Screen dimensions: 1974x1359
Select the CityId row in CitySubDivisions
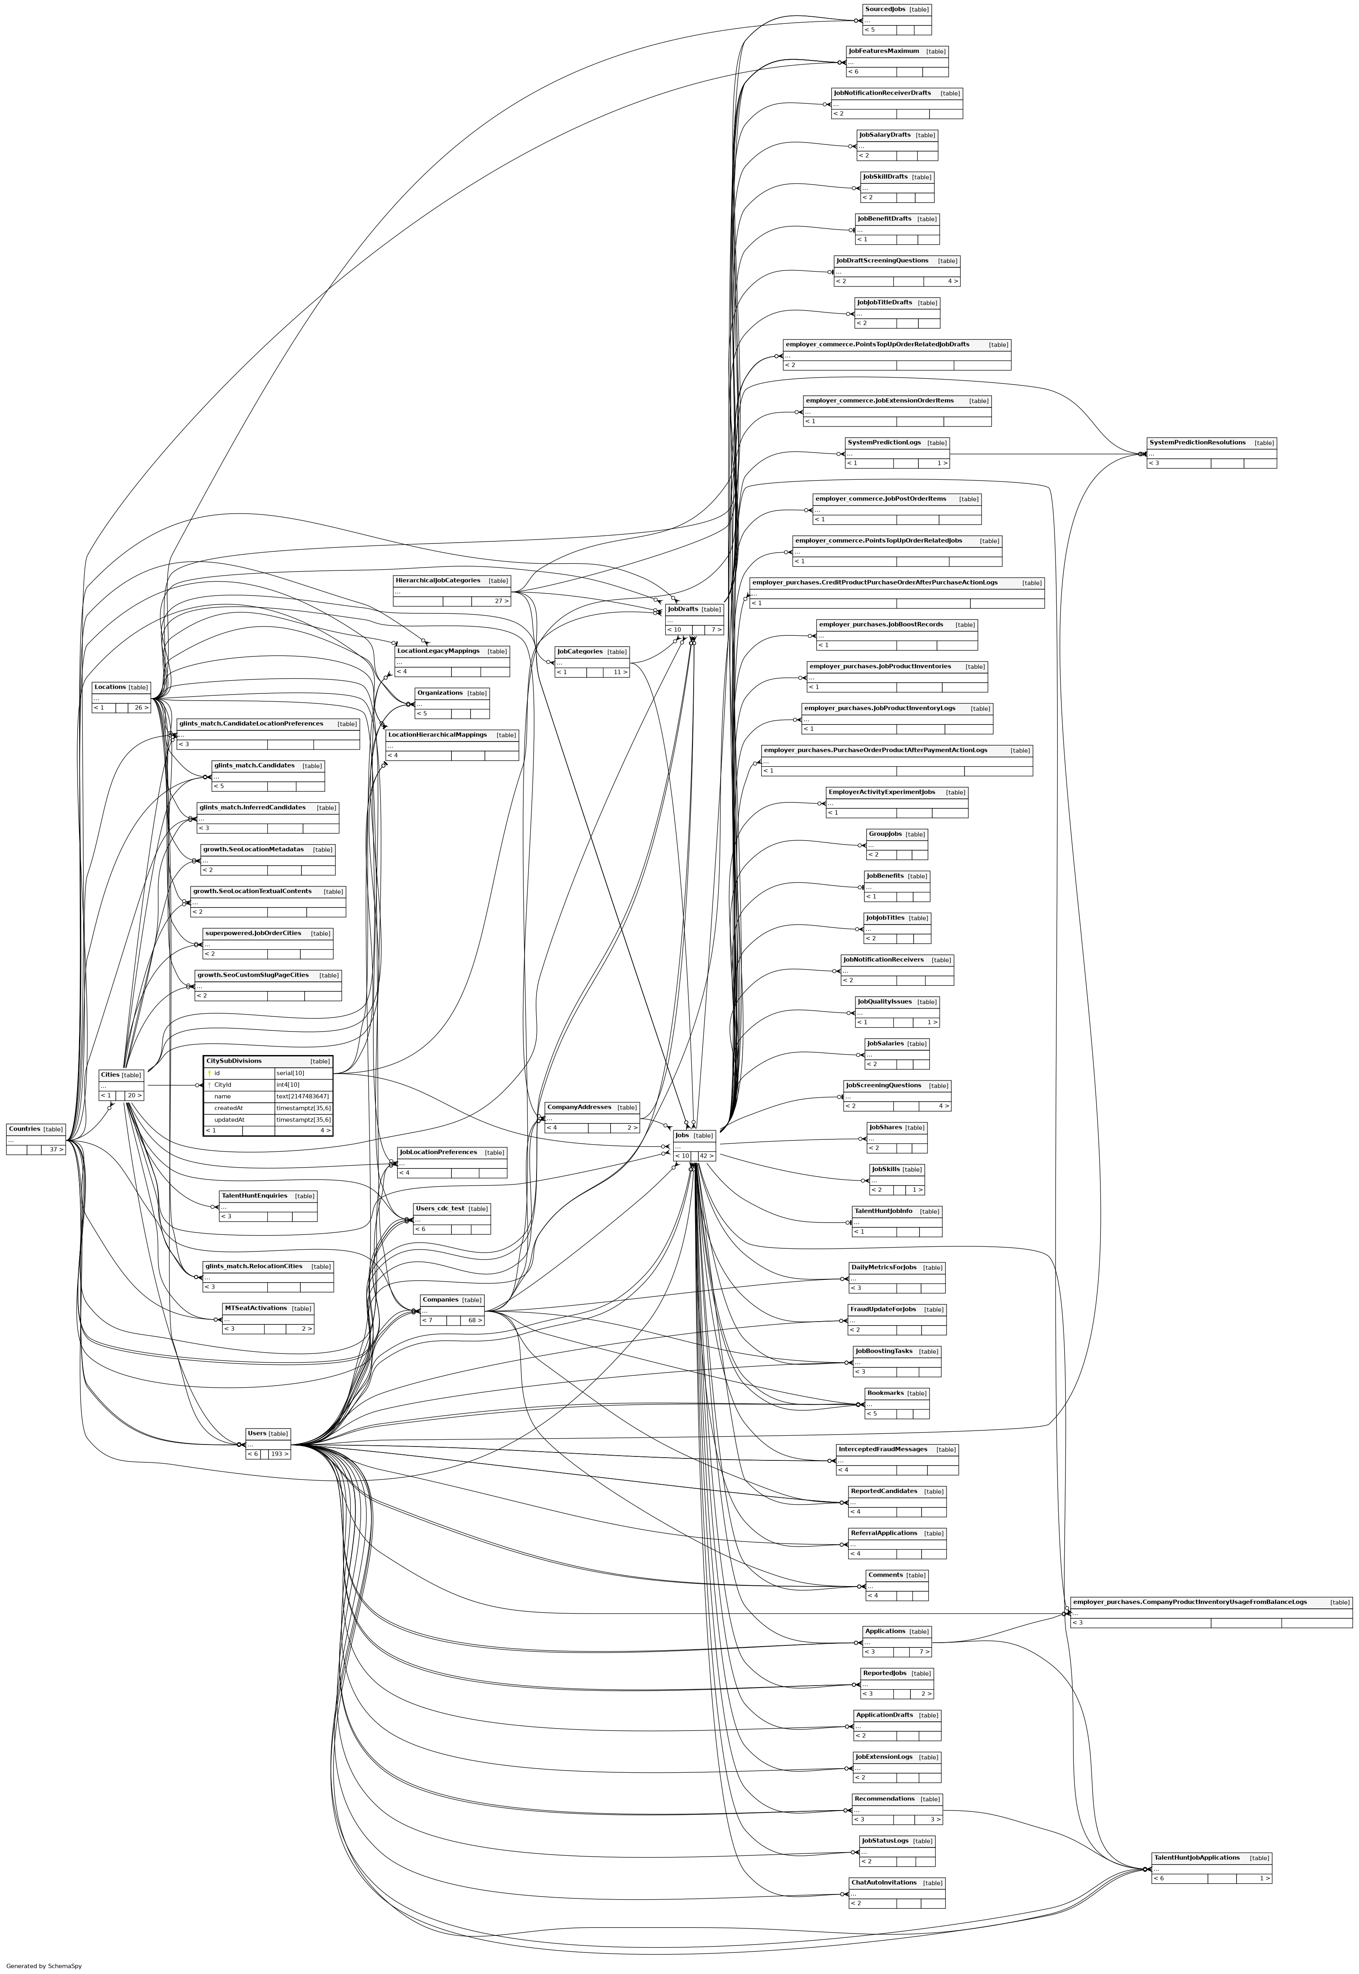223,1085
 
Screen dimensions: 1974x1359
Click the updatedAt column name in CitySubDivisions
229,1120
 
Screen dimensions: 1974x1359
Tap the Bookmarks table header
884,1393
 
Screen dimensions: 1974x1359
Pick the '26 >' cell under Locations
140,708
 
